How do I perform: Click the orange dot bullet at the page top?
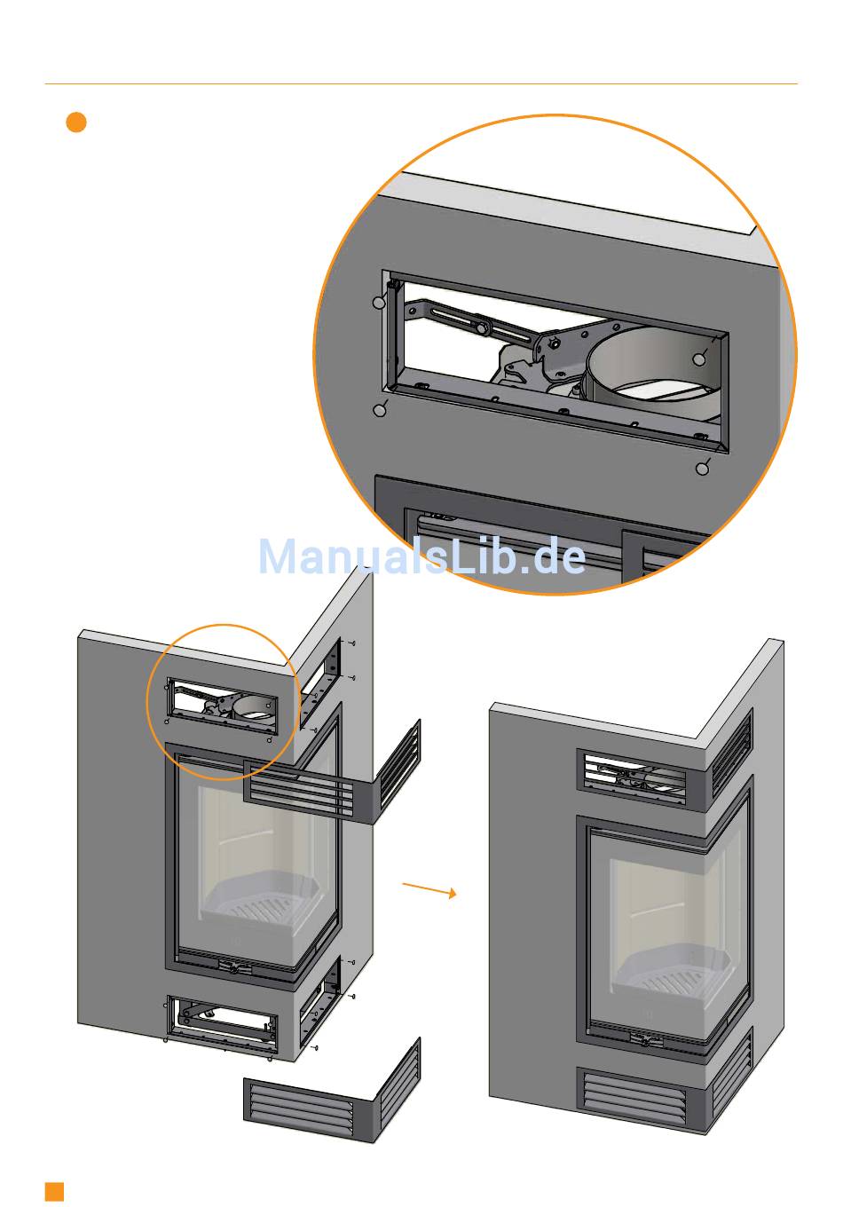(x=76, y=122)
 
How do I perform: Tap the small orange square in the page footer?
(x=55, y=1190)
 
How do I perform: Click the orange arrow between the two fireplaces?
(x=429, y=889)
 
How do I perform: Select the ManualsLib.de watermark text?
(x=421, y=556)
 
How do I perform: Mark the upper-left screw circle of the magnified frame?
(x=379, y=304)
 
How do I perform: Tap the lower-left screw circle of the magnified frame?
(x=381, y=410)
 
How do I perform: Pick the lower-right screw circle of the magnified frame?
(x=703, y=468)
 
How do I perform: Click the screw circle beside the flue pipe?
(x=699, y=359)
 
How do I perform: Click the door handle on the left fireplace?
(x=233, y=967)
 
